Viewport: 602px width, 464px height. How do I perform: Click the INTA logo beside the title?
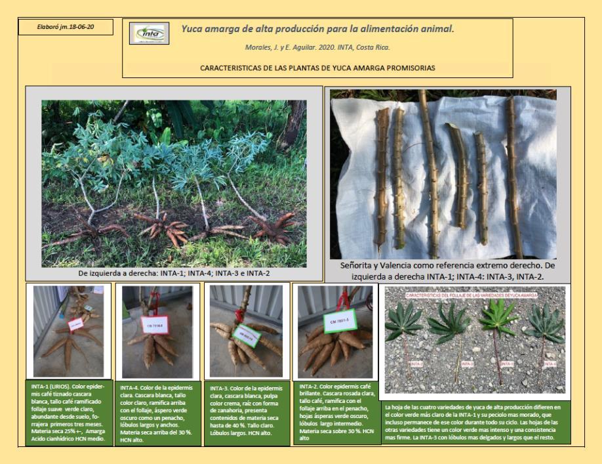(150, 32)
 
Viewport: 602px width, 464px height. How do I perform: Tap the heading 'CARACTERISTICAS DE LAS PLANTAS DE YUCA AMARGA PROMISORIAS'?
(317, 68)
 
